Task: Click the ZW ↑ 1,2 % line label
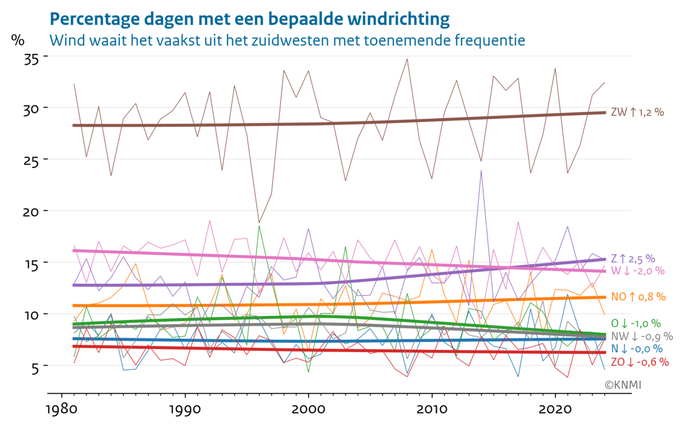pos(637,112)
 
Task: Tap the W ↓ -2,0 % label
pos(636,270)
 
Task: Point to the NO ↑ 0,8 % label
pos(638,296)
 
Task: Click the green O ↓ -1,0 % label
pos(636,323)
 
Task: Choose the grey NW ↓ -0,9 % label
pos(641,336)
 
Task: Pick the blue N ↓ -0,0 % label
pos(636,349)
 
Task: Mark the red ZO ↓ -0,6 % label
pos(639,362)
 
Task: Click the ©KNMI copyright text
pos(623,384)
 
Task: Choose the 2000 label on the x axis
pos(308,411)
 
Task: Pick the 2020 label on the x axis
pos(555,411)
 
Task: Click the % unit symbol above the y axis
pos(18,40)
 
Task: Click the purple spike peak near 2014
pos(481,170)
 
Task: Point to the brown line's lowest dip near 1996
pos(259,222)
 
